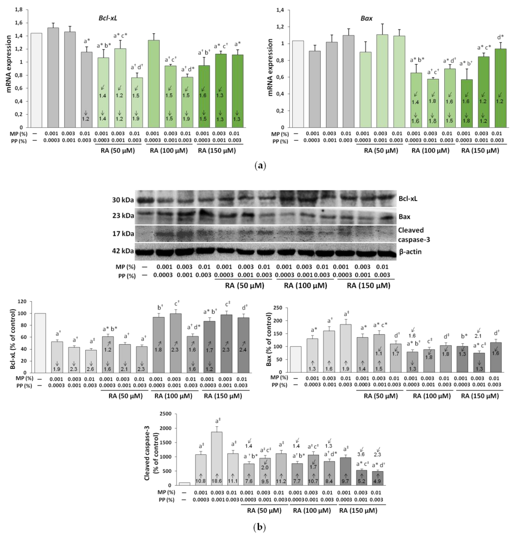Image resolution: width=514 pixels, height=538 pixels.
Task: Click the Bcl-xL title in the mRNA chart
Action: coord(108,18)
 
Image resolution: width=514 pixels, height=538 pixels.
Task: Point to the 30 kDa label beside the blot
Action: coord(123,200)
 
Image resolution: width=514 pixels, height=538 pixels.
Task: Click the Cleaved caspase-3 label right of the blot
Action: coord(414,235)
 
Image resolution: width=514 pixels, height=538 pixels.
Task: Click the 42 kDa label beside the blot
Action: coord(123,251)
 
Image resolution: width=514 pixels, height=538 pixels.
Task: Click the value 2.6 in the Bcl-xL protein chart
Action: coord(90,369)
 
